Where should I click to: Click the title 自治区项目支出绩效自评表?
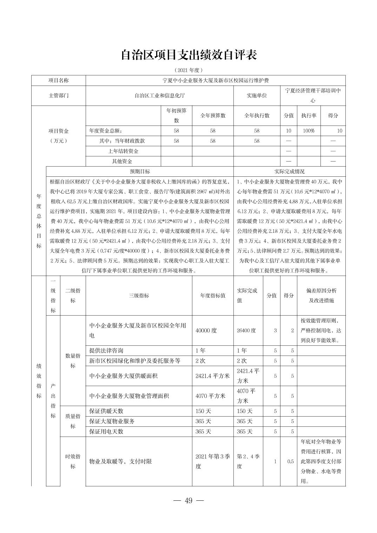tap(188, 55)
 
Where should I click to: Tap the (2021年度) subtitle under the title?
tap(188, 70)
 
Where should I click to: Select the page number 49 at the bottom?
tap(188, 500)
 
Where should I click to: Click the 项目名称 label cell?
tap(59, 80)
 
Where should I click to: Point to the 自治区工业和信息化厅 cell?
tap(159, 95)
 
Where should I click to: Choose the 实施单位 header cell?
tap(257, 95)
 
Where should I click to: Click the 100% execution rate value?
tap(309, 131)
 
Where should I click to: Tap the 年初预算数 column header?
tap(176, 115)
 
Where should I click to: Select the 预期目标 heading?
tap(140, 171)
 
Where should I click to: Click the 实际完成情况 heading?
tap(289, 171)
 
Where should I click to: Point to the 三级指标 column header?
tap(139, 296)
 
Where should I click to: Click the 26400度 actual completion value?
tap(246, 330)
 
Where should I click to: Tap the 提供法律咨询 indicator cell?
tap(106, 350)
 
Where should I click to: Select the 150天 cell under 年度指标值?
tap(203, 411)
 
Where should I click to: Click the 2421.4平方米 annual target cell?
tap(212, 376)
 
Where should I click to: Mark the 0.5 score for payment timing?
tap(290, 461)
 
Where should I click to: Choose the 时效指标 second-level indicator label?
tap(73, 461)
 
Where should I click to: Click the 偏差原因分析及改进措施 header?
tap(321, 296)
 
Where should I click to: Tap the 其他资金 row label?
tap(122, 161)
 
